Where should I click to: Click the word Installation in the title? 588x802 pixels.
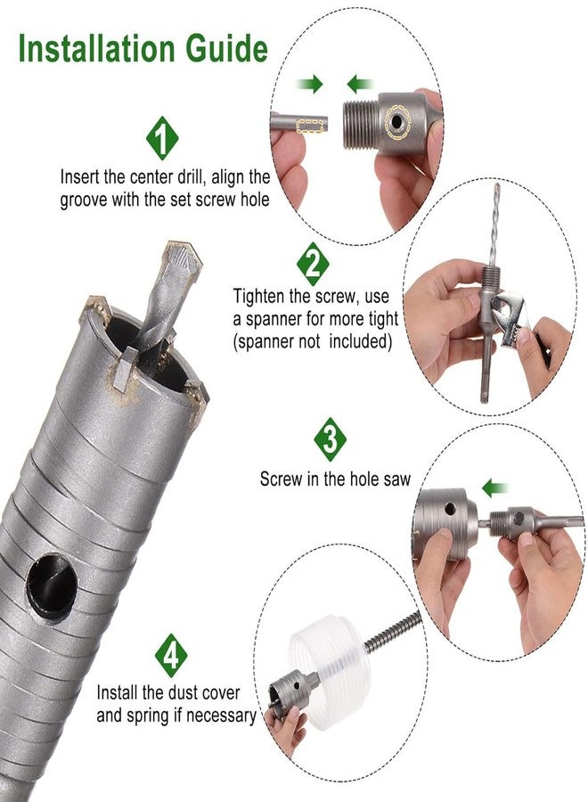coord(97,49)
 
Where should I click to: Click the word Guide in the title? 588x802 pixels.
coord(226,49)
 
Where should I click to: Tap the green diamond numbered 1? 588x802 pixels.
coord(162,138)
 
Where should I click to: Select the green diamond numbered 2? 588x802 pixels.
coord(313,264)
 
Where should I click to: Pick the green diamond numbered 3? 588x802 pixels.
coord(330,439)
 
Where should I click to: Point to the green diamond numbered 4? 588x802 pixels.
coord(171,655)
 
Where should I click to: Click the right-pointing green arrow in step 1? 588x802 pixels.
coord(310,84)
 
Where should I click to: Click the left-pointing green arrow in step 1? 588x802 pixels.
coord(360,84)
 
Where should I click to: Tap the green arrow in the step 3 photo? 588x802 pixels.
coord(495,487)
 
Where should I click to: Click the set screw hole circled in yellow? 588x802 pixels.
coord(396,122)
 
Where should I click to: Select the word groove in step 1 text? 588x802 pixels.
coord(84,200)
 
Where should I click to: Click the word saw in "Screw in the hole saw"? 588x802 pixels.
coord(397,479)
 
